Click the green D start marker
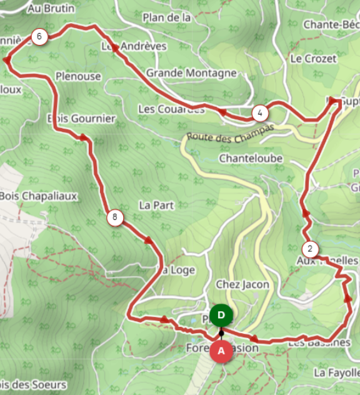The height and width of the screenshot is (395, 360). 221,315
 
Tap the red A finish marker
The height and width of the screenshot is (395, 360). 221,351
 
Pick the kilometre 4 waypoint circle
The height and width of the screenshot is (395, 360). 260,113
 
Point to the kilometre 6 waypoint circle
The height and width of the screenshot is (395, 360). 39,37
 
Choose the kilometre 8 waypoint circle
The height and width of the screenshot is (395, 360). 114,217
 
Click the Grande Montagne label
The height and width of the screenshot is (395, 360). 191,73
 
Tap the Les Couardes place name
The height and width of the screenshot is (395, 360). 171,109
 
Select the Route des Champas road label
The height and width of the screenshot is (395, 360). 230,132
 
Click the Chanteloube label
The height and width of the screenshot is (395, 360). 251,158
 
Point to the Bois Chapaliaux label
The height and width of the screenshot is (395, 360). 38,196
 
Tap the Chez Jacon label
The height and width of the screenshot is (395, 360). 242,284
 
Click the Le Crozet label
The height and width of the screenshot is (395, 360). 313,58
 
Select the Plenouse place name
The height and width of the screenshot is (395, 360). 78,76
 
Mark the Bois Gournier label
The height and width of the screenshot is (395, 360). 82,118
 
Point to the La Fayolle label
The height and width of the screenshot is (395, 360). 337,372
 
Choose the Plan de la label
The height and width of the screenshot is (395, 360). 166,17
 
